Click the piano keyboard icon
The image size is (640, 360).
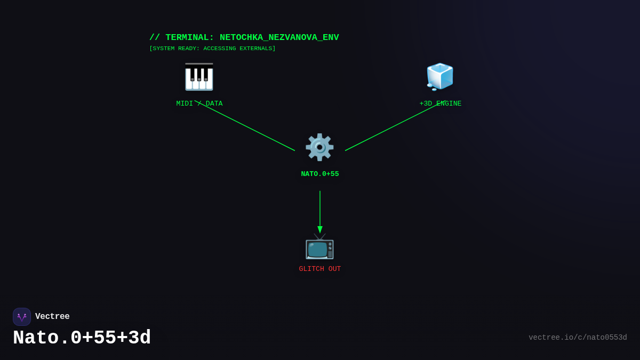(x=199, y=77)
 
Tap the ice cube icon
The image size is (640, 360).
(x=440, y=76)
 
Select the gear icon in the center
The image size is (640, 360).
(x=319, y=147)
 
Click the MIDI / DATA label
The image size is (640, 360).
(x=199, y=103)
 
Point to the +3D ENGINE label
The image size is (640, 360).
(x=441, y=103)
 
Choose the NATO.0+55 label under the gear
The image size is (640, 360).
(x=320, y=174)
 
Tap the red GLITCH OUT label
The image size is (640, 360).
(x=320, y=269)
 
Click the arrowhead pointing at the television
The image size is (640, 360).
(x=320, y=229)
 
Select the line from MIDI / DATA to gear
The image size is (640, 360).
(x=245, y=126)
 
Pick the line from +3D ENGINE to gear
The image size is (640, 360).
(x=395, y=126)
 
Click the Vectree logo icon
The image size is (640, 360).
(x=22, y=317)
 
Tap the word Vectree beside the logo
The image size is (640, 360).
(x=52, y=317)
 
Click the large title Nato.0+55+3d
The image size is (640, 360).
(x=82, y=338)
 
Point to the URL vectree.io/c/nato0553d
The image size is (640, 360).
(x=578, y=338)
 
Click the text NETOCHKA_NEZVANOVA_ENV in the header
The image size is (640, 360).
(x=279, y=38)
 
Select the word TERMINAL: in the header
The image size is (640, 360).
(x=189, y=38)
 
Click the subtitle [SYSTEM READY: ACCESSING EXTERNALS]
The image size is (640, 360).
(x=212, y=49)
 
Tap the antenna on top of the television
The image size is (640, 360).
(x=319, y=236)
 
